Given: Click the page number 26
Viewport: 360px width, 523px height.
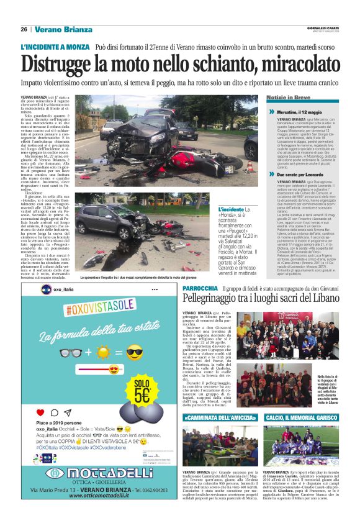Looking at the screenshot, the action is click(x=24, y=29).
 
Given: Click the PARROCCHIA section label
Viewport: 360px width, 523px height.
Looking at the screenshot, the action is click(x=200, y=289).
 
